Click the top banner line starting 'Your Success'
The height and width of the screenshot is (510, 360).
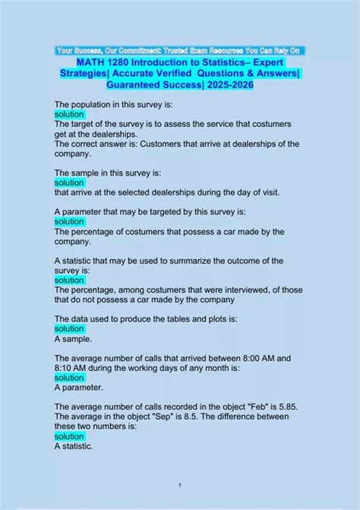click(x=179, y=50)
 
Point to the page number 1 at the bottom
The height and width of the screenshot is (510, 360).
click(x=180, y=485)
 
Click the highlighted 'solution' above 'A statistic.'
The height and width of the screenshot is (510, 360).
click(x=70, y=437)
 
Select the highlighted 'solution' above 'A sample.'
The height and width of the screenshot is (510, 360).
click(x=70, y=329)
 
